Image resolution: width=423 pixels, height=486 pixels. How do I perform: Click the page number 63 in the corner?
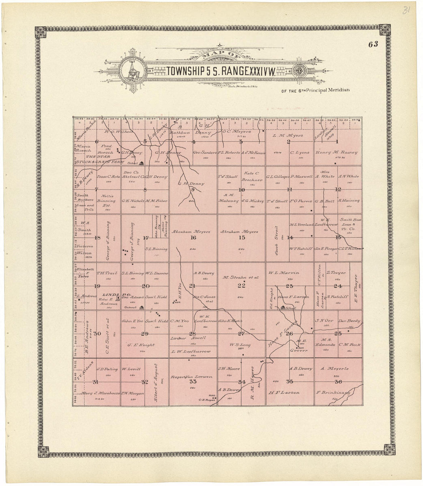373,44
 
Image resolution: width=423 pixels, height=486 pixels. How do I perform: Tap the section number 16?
193,238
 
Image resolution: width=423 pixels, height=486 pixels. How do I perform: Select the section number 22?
241,285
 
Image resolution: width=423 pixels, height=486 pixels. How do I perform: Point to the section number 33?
193,382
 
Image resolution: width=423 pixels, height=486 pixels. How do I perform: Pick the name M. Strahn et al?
241,277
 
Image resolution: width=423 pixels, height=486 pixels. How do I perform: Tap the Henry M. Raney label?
336,152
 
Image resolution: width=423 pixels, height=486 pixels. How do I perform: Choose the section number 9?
193,189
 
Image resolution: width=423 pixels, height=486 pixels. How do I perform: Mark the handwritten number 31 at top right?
405,11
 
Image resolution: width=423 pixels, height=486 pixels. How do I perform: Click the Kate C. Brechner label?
252,176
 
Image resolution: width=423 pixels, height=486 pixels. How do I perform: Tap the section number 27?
241,333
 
